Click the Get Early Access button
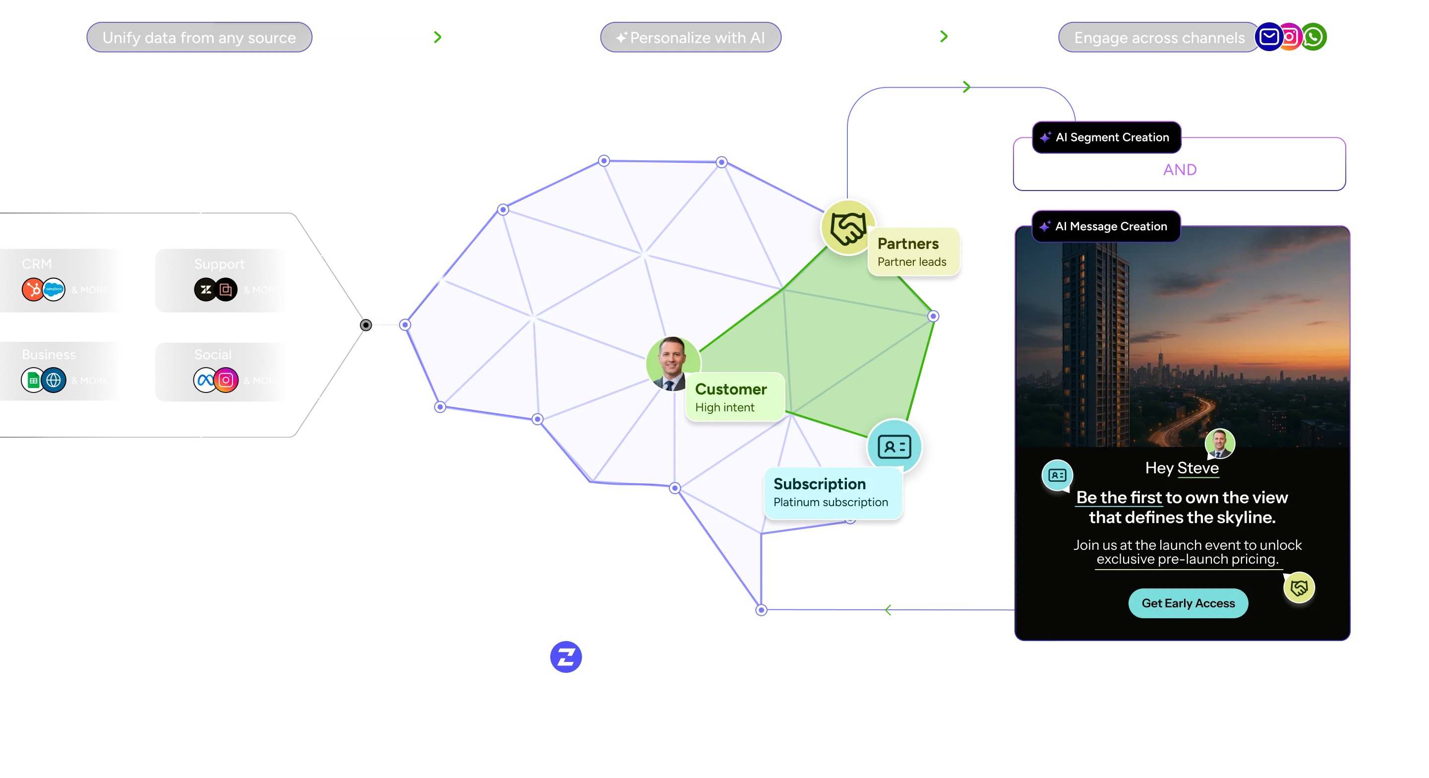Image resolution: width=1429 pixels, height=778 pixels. [x=1188, y=603]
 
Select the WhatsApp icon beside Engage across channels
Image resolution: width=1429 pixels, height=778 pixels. [x=1313, y=37]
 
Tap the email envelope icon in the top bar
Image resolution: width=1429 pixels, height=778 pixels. [x=1269, y=37]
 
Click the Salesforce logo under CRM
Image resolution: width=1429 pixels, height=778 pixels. [x=54, y=289]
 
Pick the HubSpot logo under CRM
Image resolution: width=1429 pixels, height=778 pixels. [x=33, y=289]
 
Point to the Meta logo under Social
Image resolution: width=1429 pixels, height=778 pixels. [x=205, y=380]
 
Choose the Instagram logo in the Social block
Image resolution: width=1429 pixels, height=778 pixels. [x=226, y=380]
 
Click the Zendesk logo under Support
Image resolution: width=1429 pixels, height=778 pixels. [x=205, y=289]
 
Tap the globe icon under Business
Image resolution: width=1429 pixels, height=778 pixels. [x=54, y=380]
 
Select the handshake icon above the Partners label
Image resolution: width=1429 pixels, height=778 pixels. [x=848, y=228]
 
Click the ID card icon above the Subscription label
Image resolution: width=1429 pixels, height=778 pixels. [x=894, y=446]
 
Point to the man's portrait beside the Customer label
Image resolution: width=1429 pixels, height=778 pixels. [x=672, y=364]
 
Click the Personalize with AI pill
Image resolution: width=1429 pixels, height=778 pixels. [x=691, y=38]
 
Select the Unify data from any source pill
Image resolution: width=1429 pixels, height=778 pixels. [x=199, y=38]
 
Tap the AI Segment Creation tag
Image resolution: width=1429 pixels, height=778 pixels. [x=1106, y=137]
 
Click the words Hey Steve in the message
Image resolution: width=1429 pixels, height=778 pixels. [x=1182, y=468]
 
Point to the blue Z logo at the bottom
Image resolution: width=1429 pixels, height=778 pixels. [x=565, y=657]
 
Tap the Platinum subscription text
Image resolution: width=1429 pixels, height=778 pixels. [x=831, y=502]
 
